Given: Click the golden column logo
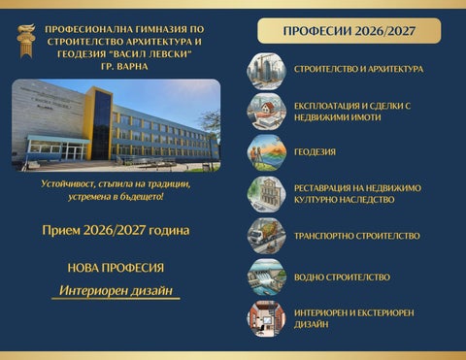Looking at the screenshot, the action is (x=26, y=41).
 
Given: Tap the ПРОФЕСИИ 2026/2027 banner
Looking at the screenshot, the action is (x=349, y=31).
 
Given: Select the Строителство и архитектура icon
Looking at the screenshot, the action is (x=267, y=71).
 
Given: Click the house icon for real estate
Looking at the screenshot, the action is (x=267, y=112).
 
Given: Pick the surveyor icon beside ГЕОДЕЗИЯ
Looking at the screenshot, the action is (x=267, y=152).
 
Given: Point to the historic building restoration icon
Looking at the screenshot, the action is (x=267, y=194).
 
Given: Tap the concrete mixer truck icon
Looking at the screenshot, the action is (x=267, y=236).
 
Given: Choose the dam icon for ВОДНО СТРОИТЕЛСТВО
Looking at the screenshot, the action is (x=267, y=278).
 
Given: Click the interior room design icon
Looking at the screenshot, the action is (x=267, y=318).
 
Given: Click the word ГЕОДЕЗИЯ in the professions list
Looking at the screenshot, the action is (x=315, y=152).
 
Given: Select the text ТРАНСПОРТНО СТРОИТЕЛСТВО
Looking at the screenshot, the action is (x=357, y=236).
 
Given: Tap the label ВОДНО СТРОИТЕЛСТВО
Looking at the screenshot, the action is (x=342, y=278).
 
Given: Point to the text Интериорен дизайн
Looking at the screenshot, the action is (x=116, y=290).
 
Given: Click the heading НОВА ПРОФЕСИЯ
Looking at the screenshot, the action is (x=116, y=268).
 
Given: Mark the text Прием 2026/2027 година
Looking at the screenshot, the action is (x=116, y=230).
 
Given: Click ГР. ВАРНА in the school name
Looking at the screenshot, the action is (x=124, y=67).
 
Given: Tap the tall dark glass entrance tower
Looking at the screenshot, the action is (x=102, y=124).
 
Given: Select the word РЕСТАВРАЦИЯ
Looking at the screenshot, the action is (x=321, y=188).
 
